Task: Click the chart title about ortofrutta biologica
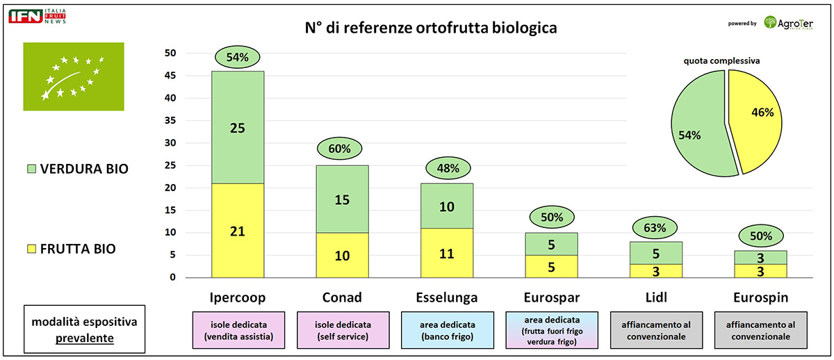click(x=431, y=28)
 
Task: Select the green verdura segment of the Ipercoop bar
click(x=238, y=127)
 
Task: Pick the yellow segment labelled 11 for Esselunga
click(x=447, y=253)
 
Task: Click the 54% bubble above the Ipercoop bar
click(x=238, y=57)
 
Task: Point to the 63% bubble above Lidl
click(x=655, y=228)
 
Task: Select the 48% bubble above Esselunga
click(x=447, y=168)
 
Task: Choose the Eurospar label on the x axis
click(x=552, y=297)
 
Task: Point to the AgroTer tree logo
click(x=771, y=22)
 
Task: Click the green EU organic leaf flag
click(x=73, y=76)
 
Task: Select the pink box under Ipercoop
click(x=238, y=330)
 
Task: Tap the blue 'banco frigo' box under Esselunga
click(x=447, y=330)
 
